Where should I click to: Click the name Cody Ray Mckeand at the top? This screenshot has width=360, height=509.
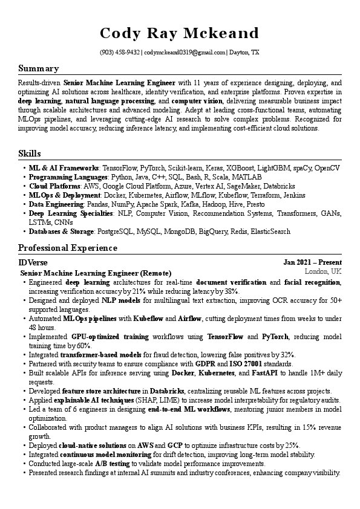click(x=180, y=33)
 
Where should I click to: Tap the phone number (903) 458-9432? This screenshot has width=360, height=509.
click(x=120, y=53)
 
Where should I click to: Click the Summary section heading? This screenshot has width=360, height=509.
click(x=38, y=68)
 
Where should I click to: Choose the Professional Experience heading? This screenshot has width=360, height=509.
click(x=68, y=248)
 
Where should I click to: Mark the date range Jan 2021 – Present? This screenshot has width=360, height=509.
click(x=312, y=262)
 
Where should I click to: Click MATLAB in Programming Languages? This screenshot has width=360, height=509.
click(x=247, y=177)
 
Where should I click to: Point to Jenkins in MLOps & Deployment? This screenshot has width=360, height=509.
click(x=294, y=196)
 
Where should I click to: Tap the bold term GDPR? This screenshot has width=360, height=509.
click(x=206, y=364)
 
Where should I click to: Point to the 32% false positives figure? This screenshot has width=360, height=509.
click(x=288, y=354)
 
